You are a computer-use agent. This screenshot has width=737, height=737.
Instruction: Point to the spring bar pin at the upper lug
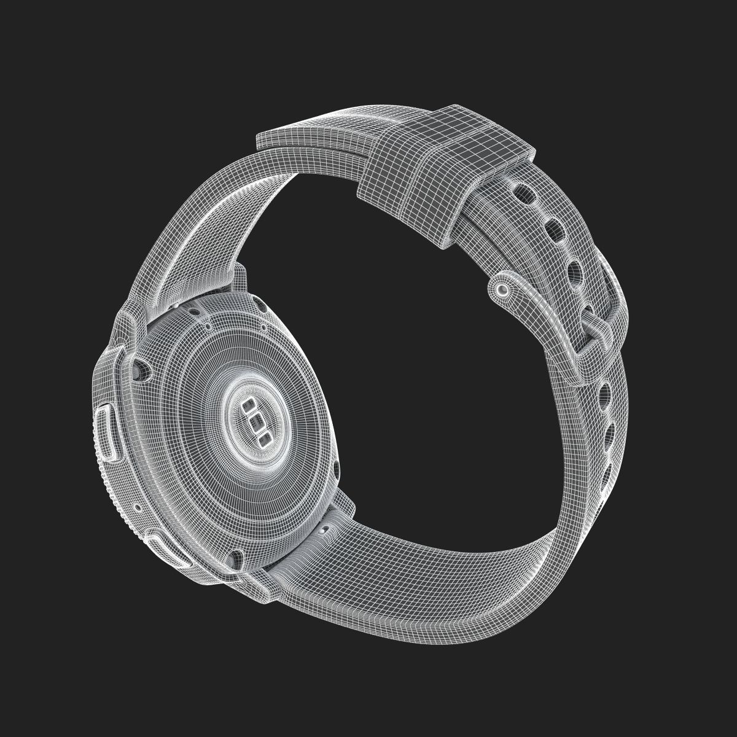click(x=177, y=305)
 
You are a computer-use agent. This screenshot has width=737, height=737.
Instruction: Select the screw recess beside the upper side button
click(x=143, y=368)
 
